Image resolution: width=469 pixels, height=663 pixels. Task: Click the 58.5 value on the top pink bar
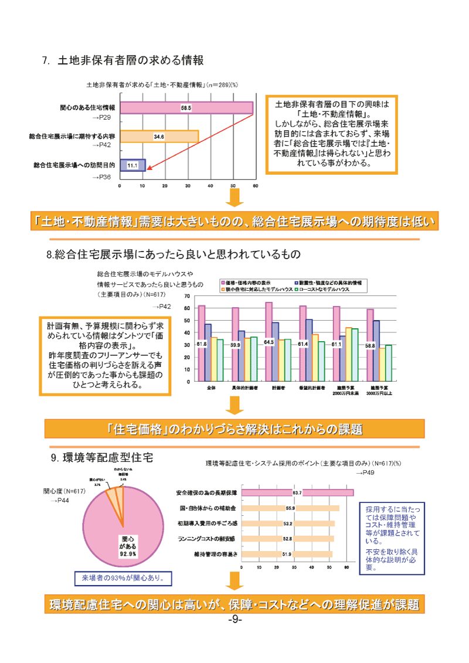186,108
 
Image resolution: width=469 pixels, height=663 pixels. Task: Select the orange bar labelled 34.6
159,136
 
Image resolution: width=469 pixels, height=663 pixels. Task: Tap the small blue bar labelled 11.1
132,165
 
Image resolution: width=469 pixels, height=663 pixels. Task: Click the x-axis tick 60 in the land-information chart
255,186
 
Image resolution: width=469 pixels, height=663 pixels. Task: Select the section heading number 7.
45,60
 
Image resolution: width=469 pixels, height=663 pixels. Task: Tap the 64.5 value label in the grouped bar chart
269,342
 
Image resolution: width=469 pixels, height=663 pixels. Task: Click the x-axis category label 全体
211,388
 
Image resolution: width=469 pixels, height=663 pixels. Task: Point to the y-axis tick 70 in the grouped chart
186,296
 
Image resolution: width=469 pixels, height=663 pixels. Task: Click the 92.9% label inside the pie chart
128,553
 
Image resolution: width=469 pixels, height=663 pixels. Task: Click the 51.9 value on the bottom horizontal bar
287,554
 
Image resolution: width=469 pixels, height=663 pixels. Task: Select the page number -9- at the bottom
234,620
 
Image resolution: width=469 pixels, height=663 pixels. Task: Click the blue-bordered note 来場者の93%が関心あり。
123,579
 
